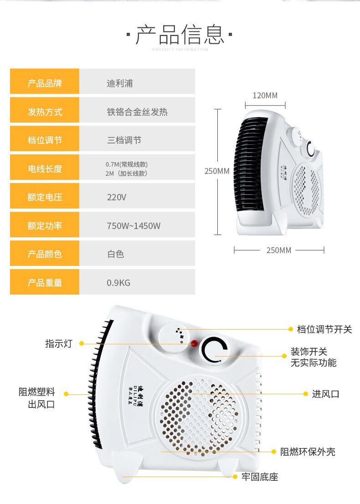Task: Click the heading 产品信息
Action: click(180, 35)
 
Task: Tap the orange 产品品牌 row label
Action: click(45, 83)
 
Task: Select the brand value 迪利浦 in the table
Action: click(120, 83)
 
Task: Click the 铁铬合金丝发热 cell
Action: click(137, 112)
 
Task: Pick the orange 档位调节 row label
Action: click(45, 140)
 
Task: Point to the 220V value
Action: click(116, 198)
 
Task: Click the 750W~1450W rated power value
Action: click(134, 226)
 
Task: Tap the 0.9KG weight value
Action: click(118, 283)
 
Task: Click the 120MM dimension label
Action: click(265, 96)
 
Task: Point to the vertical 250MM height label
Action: click(217, 171)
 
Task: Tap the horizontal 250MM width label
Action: click(278, 250)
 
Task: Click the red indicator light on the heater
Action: click(194, 344)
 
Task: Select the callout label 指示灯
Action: click(58, 344)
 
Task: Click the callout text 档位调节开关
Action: click(324, 329)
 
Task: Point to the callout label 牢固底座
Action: click(260, 477)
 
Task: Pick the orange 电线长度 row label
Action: click(45, 169)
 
